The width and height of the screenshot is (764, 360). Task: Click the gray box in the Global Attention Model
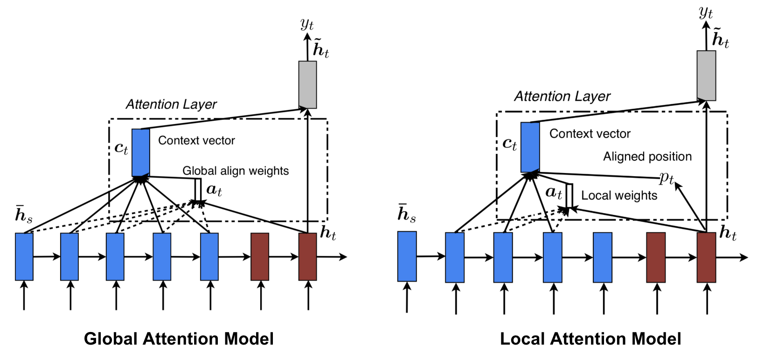pyautogui.click(x=307, y=84)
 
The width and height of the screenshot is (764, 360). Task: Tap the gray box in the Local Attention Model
pyautogui.click(x=706, y=76)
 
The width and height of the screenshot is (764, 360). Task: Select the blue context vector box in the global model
pyautogui.click(x=141, y=152)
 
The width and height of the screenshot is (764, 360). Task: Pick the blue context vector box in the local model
pyautogui.click(x=530, y=147)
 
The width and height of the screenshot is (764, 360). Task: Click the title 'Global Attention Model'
pyautogui.click(x=179, y=339)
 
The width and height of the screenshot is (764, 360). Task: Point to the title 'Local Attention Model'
pyautogui.click(x=590, y=339)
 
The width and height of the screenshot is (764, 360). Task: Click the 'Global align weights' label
pyautogui.click(x=236, y=171)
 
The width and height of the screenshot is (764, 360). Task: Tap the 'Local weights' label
pyautogui.click(x=619, y=195)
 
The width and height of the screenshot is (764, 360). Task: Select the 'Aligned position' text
pyautogui.click(x=647, y=156)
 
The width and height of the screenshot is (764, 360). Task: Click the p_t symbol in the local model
pyautogui.click(x=667, y=178)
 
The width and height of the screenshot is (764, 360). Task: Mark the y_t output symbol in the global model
pyautogui.click(x=307, y=23)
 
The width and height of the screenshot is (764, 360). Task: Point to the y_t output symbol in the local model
pyautogui.click(x=706, y=13)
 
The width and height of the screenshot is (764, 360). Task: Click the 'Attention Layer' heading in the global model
pyautogui.click(x=171, y=104)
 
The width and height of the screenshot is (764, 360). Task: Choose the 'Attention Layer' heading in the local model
pyautogui.click(x=562, y=96)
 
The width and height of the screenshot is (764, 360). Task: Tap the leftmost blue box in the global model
pyautogui.click(x=24, y=256)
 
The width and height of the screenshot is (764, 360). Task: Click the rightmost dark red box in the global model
pyautogui.click(x=307, y=256)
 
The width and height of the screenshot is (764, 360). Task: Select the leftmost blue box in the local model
pyautogui.click(x=407, y=256)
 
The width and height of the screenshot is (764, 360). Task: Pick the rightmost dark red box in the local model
pyautogui.click(x=706, y=257)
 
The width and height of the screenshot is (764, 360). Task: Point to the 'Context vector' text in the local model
pyautogui.click(x=590, y=134)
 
